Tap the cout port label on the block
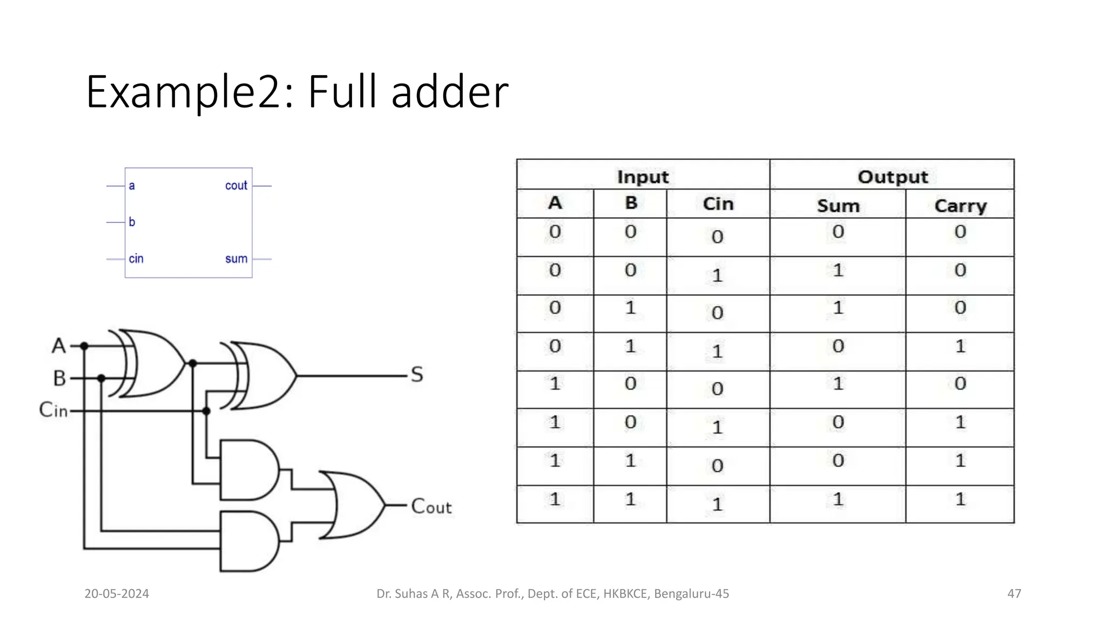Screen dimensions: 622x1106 point(236,186)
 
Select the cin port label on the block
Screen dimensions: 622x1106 point(136,259)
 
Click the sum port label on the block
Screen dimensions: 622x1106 point(236,259)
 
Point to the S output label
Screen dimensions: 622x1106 point(416,375)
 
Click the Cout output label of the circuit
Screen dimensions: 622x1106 point(431,506)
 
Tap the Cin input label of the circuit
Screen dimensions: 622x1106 point(53,410)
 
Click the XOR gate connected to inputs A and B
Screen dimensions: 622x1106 point(154,363)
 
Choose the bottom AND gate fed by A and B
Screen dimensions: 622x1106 point(248,541)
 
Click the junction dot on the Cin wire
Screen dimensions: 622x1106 point(206,411)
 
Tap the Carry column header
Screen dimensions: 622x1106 point(960,206)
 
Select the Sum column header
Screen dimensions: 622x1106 point(838,206)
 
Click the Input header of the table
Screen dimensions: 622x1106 point(643,177)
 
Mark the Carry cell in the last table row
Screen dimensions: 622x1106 point(960,499)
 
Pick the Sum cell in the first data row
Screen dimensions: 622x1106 point(838,232)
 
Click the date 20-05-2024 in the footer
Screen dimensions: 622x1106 point(117,594)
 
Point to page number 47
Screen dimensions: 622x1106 point(1014,594)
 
